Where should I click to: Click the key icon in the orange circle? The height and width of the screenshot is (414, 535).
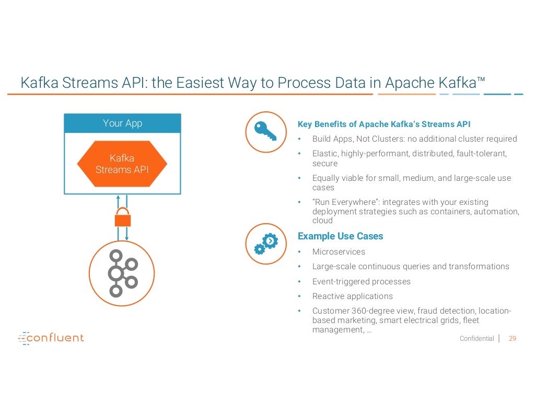(x=265, y=132)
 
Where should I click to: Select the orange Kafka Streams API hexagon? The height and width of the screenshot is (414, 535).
(x=122, y=164)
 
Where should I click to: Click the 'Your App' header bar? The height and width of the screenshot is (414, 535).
(x=122, y=123)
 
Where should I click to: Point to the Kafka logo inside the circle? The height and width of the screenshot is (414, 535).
(x=122, y=273)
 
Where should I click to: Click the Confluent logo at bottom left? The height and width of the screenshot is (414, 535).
(x=51, y=338)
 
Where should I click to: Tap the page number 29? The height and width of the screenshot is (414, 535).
(x=512, y=338)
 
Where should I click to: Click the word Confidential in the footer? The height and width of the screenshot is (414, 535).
(x=476, y=339)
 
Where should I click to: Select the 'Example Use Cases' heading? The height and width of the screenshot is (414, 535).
(x=340, y=236)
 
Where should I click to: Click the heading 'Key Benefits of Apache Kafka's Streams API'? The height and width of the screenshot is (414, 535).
(x=384, y=124)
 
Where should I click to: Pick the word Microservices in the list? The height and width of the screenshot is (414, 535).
(x=339, y=252)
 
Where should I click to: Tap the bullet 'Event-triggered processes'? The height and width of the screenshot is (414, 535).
(x=361, y=282)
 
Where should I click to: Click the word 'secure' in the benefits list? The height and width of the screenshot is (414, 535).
(x=325, y=164)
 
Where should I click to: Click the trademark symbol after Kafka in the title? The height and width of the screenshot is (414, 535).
(x=481, y=79)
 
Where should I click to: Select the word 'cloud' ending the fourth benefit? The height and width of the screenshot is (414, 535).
(x=322, y=221)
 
